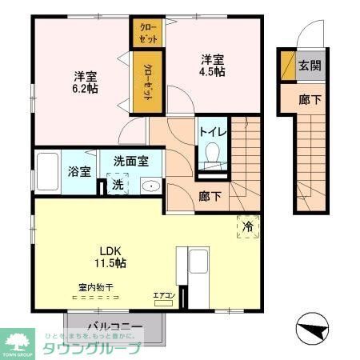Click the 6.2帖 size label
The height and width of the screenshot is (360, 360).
point(86,89)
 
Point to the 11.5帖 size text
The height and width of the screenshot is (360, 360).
point(110,262)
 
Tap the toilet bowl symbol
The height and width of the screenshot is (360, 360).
point(212,154)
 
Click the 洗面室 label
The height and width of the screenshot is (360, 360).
point(130,160)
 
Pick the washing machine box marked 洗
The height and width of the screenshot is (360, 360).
point(118,185)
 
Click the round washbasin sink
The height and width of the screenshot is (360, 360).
point(150,186)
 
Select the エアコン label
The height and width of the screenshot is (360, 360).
point(164,296)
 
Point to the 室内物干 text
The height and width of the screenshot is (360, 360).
point(95,286)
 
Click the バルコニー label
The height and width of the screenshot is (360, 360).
point(115,327)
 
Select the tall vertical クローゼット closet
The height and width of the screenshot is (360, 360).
point(149,80)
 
